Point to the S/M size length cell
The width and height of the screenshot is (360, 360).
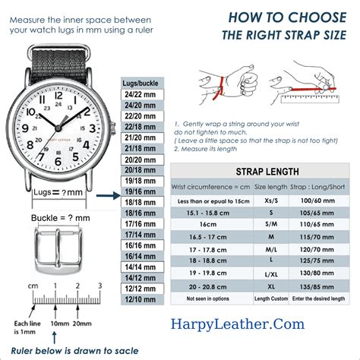(271, 226)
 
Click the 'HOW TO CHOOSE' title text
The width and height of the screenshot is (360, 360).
(297, 17)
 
